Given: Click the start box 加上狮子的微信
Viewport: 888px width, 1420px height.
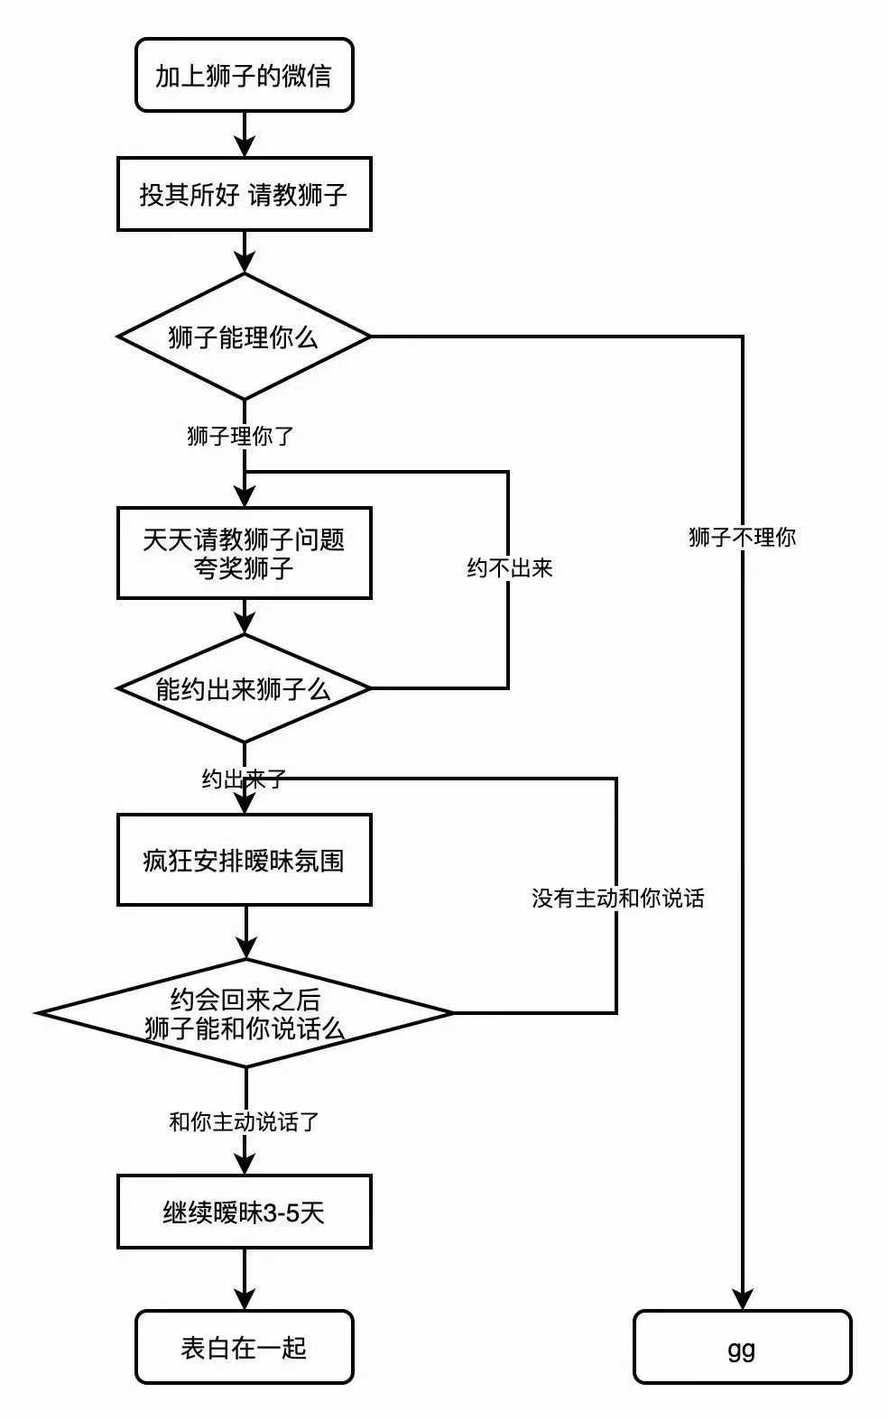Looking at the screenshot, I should (244, 75).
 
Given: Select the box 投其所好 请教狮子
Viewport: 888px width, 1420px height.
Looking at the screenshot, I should (244, 194).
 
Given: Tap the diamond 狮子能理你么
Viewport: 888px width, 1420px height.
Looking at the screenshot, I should (244, 337).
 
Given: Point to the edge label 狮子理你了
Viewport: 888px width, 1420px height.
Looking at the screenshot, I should (240, 437).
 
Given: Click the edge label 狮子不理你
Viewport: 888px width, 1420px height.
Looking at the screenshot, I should (742, 538).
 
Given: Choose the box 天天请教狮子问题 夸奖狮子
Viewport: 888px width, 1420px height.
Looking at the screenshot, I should (244, 553).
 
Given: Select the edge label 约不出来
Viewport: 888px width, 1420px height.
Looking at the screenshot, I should (509, 568).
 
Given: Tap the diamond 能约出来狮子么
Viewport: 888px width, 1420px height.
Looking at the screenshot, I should (244, 689).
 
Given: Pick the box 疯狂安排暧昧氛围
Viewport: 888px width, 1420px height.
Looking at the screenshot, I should (244, 860).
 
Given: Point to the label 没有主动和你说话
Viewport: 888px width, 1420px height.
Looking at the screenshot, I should (617, 899).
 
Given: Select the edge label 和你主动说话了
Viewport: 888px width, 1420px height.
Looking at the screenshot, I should (245, 1122).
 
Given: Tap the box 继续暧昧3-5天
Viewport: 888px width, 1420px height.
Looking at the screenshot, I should (244, 1212).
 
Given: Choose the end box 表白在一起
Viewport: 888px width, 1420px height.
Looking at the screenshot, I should (244, 1347).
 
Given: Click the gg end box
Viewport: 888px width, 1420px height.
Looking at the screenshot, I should (742, 1347).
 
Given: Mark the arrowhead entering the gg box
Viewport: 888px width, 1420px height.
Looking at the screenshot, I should (742, 1298).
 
